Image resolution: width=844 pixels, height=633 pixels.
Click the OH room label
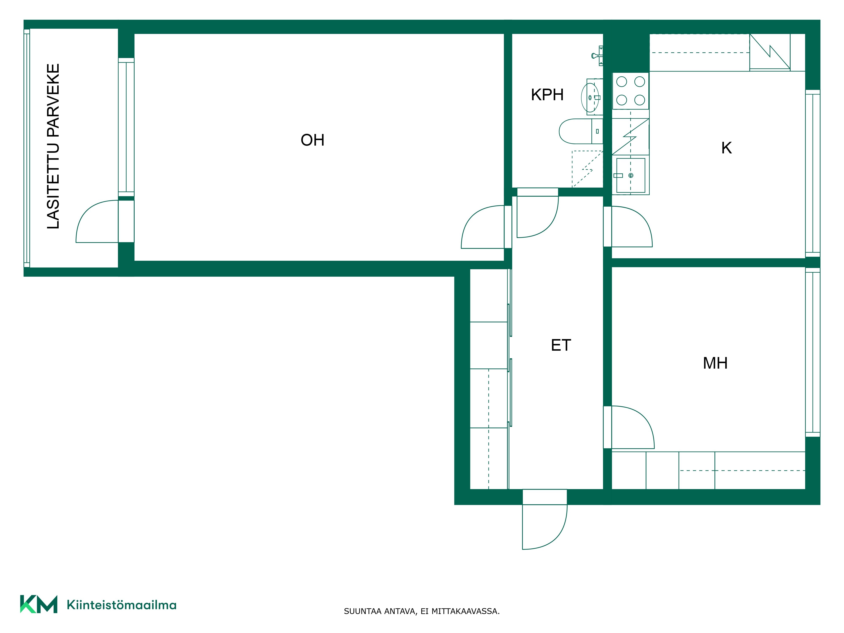tap(312, 140)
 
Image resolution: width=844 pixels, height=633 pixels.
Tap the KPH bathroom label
tap(547, 95)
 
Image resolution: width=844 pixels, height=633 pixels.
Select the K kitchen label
tap(726, 148)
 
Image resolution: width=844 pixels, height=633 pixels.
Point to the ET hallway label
tap(561, 345)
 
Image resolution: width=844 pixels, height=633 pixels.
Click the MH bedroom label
tap(716, 363)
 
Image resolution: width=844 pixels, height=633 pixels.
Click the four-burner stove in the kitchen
tap(631, 91)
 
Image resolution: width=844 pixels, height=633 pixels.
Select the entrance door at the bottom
tap(544, 526)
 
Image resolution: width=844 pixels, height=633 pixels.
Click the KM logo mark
tap(39, 604)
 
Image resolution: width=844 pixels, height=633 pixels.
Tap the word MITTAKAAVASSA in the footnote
tap(465, 611)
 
